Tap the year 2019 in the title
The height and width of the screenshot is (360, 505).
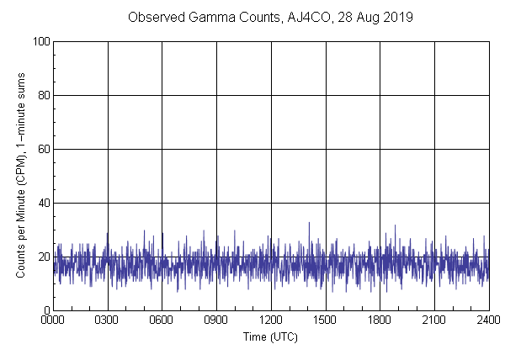click(x=396, y=17)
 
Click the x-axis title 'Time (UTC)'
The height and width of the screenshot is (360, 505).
click(x=270, y=336)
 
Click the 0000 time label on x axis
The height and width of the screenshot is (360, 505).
click(x=53, y=320)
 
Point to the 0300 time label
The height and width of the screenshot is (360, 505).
click(x=108, y=320)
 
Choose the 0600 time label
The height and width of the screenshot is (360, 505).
click(x=162, y=320)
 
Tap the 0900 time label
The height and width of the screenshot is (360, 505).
click(x=216, y=320)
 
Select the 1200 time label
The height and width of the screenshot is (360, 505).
click(x=271, y=320)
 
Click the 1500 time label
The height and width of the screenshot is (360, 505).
click(x=325, y=320)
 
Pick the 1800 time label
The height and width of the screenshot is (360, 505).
click(x=380, y=320)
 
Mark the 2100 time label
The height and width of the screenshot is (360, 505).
click(x=434, y=320)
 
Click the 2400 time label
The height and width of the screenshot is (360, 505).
click(x=488, y=320)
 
